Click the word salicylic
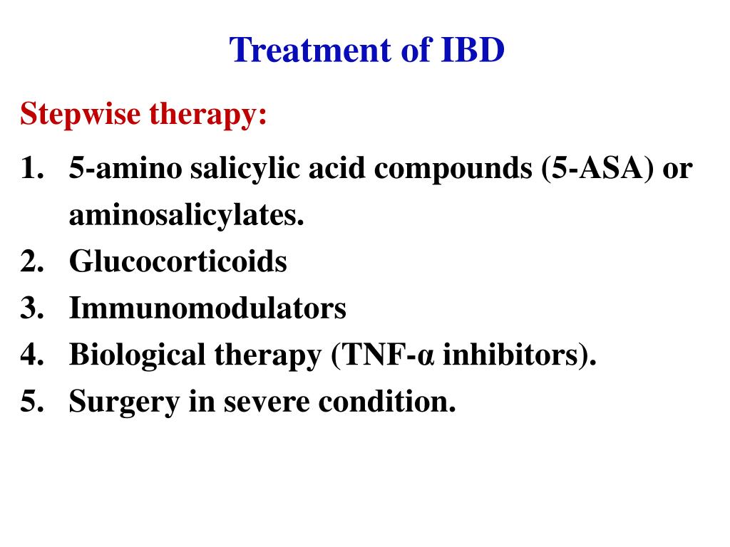tap(227, 170)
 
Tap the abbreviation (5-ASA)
tap(597, 169)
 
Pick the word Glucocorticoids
tap(178, 262)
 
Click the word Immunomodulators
tap(207, 308)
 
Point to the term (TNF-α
tap(383, 355)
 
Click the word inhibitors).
tap(519, 355)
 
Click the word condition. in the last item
tap(386, 402)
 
